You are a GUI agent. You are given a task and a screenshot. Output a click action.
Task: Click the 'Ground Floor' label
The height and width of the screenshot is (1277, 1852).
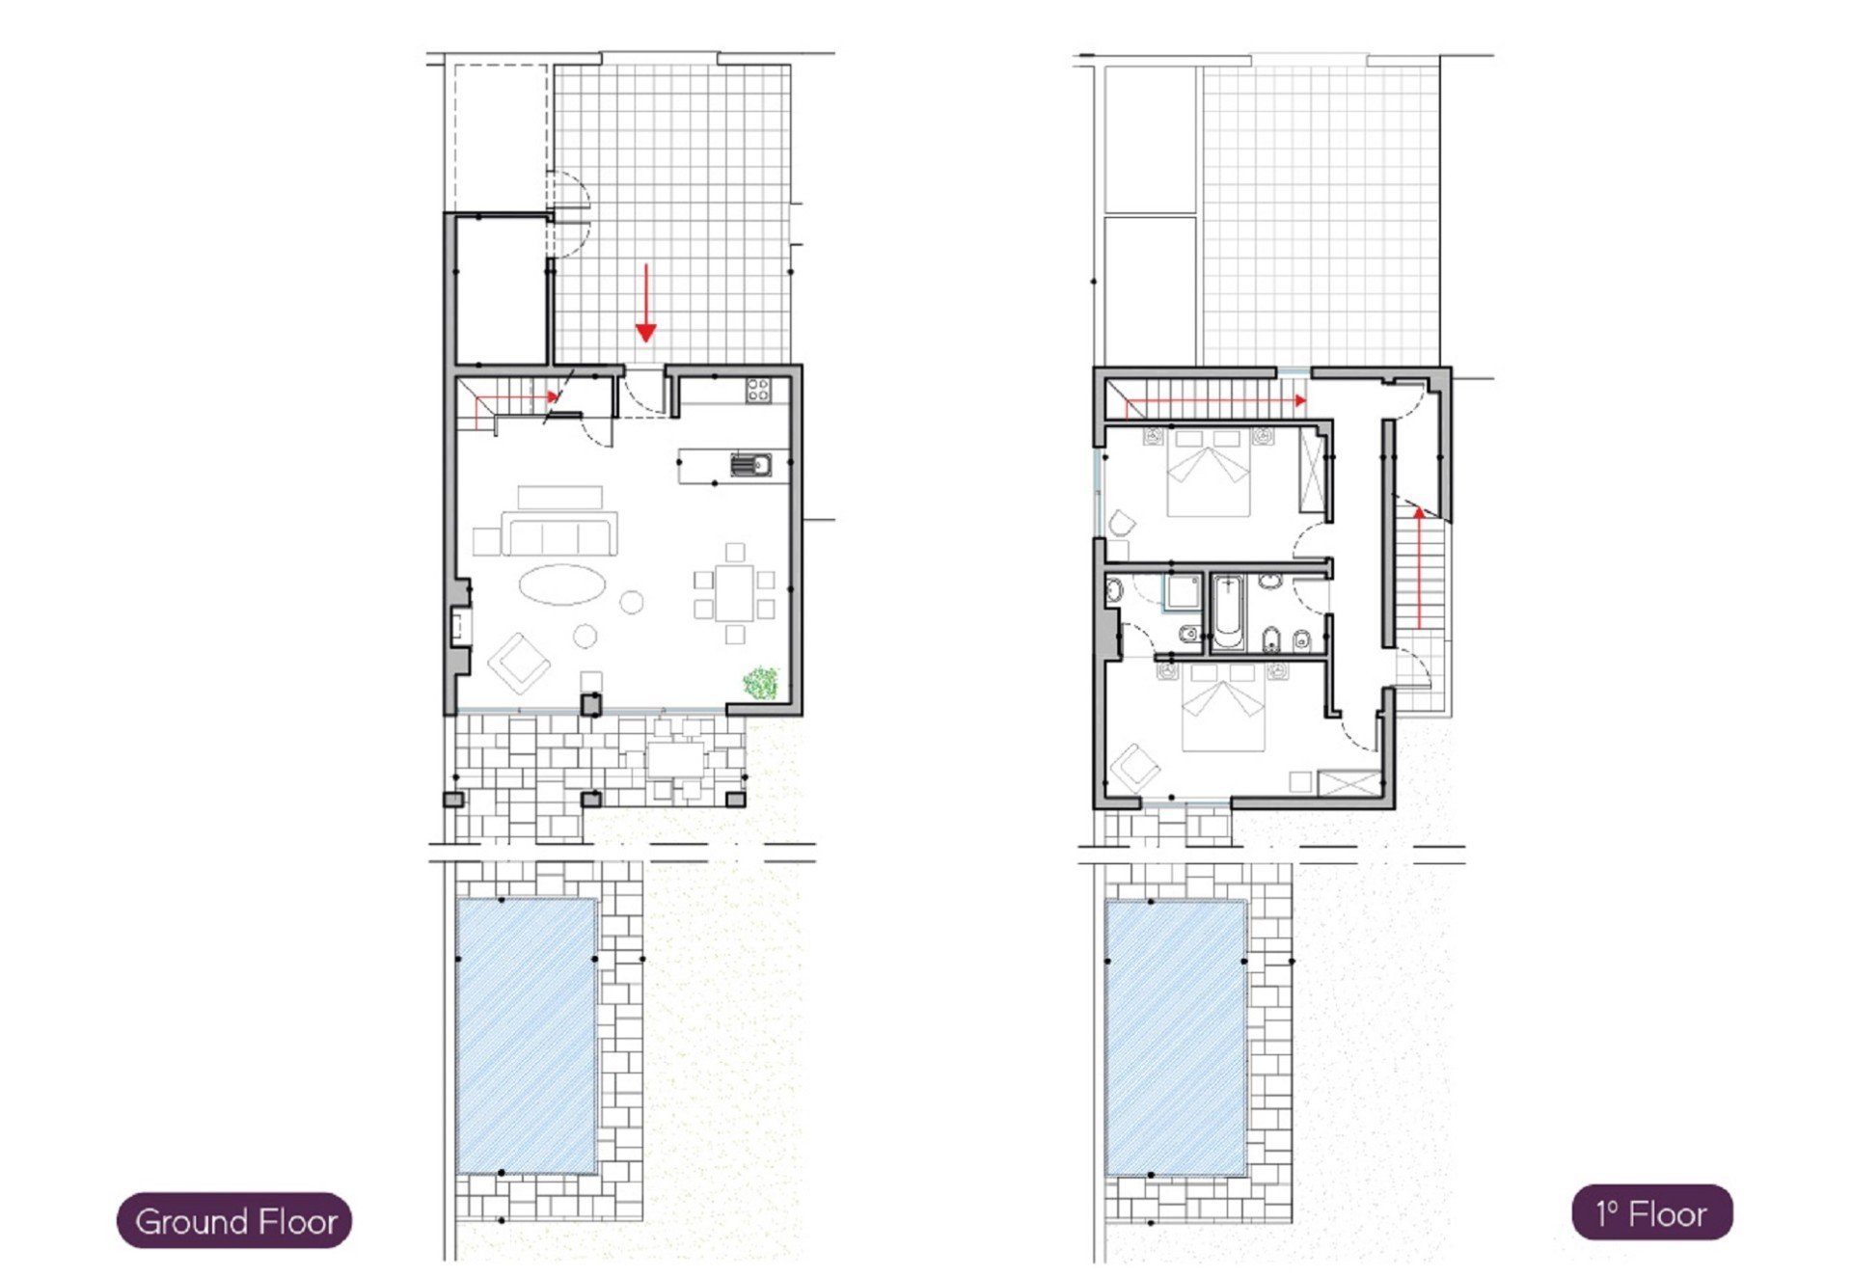[235, 1221]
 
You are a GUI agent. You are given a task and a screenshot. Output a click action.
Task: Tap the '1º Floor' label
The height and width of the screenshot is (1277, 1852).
[1651, 1213]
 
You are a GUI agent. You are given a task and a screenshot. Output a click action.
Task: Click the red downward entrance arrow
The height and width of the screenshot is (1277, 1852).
[645, 303]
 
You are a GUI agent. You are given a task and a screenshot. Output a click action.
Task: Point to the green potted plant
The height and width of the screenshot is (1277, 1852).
[761, 683]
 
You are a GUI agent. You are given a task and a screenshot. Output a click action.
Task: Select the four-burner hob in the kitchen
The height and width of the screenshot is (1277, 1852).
[758, 390]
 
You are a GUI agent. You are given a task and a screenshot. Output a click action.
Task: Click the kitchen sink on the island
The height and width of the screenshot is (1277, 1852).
[750, 465]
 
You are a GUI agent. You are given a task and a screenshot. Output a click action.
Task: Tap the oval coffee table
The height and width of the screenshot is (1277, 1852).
[562, 584]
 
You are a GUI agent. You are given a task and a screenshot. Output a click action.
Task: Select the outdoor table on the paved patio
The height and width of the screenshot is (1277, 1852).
[676, 758]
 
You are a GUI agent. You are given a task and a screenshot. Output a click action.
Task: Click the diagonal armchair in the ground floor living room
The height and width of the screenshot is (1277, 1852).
[519, 664]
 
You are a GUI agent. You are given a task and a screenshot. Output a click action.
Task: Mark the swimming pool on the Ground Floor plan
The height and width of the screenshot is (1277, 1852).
[526, 1036]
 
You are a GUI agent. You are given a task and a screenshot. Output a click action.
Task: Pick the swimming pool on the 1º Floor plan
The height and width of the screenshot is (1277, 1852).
[1176, 1038]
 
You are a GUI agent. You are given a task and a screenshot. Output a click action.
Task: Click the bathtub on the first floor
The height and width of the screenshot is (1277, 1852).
[1228, 611]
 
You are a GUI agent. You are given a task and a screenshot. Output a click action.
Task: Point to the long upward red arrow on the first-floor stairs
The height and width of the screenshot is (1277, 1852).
[1419, 568]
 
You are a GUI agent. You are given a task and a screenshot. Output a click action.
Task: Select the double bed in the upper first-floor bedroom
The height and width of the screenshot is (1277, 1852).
[1210, 473]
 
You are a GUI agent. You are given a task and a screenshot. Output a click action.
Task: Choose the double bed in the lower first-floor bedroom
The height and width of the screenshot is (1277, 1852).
[1223, 707]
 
